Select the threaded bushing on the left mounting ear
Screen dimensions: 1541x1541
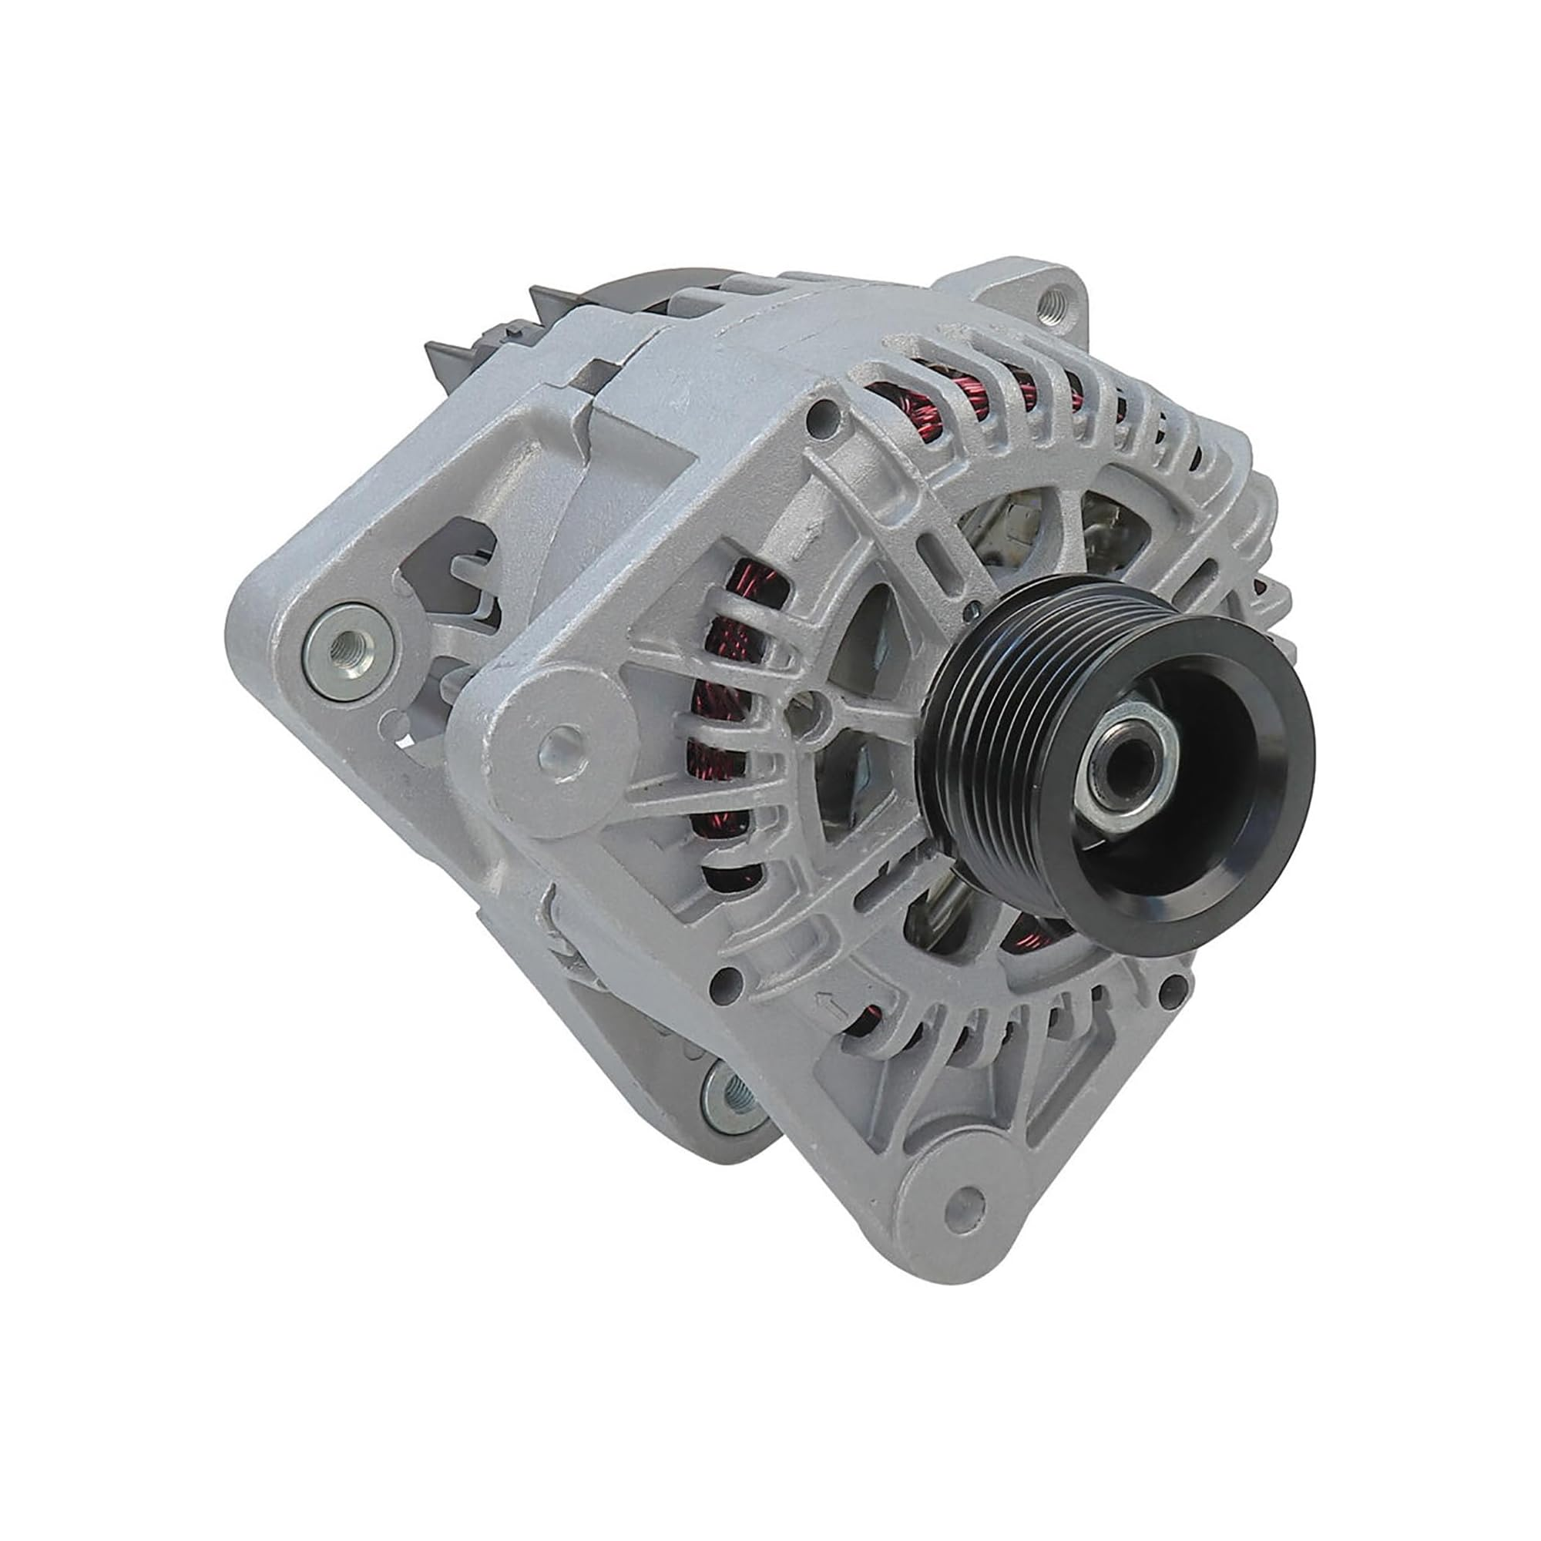click(350, 643)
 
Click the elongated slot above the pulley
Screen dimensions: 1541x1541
click(929, 550)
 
